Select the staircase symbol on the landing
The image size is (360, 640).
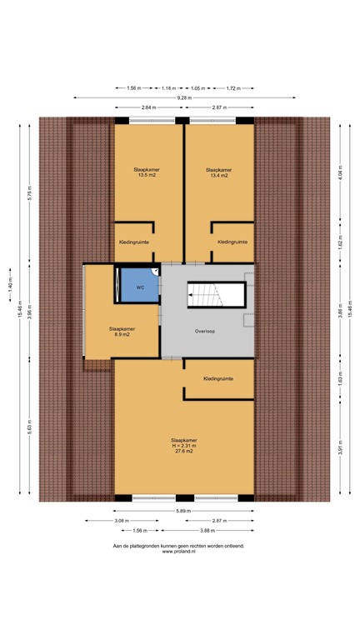coord(216,295)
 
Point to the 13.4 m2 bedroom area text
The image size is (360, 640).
coord(217,176)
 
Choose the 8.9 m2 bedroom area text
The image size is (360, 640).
coord(122,334)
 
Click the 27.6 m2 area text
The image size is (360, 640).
coord(183,451)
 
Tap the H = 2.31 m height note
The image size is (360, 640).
coord(183,445)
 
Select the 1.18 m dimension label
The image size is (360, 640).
coord(169,87)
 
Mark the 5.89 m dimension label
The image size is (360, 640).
coord(183,510)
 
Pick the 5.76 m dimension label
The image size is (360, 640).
coord(28,193)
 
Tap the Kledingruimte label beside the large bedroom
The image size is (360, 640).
coord(218,379)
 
